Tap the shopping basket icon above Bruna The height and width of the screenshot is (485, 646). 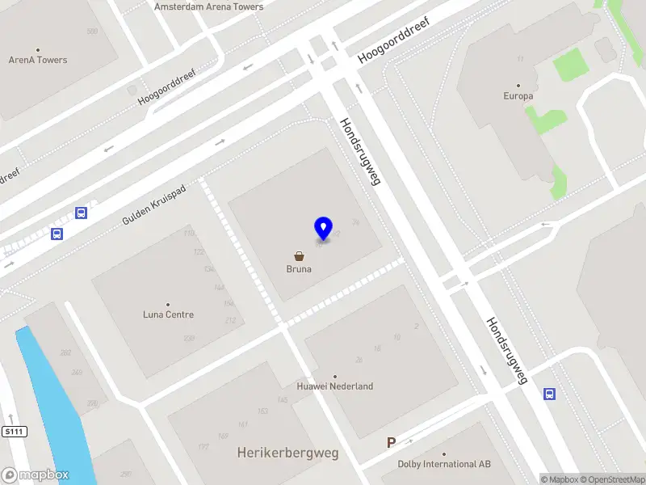299,255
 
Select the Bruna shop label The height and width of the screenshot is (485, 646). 299,269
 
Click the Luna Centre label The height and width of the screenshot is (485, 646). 168,314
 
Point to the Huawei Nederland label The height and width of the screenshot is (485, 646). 335,386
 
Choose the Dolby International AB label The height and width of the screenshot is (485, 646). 444,464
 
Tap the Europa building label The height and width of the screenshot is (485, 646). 518,95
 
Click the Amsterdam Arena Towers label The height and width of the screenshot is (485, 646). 208,6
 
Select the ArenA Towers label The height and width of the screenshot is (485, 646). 38,60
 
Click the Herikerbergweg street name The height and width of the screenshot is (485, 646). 288,453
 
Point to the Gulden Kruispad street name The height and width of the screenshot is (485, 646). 154,205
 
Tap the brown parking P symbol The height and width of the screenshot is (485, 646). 392,442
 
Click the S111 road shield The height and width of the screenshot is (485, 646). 15,432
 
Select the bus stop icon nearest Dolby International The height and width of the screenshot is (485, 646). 549,394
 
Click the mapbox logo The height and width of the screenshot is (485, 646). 36,475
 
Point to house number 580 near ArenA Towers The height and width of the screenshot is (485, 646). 92,32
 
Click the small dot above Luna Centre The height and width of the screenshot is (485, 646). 168,305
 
